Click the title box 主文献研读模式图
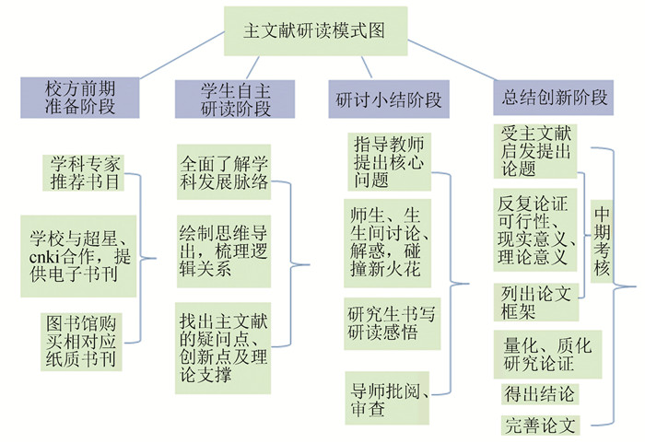coord(315,29)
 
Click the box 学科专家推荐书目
coord(86,172)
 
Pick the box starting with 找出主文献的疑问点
coord(225,347)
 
